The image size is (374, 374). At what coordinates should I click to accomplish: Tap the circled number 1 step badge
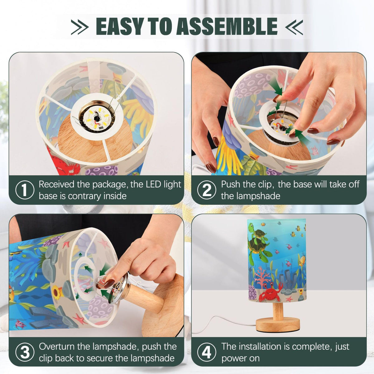24,190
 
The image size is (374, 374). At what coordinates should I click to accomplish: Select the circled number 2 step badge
207,190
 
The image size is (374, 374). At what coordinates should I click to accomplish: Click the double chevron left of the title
80,27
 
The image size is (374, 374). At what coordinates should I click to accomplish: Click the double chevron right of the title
294,27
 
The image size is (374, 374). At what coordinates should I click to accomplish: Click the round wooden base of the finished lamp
278,324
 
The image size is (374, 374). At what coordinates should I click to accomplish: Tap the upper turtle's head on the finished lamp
252,226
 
